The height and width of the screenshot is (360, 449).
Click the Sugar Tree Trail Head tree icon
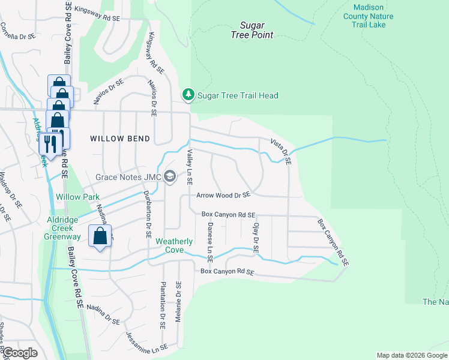tap(188, 95)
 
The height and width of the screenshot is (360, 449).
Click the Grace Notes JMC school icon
tap(170, 176)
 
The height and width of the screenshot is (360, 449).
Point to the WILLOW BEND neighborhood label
tap(120, 139)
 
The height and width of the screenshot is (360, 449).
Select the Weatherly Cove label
tap(174, 245)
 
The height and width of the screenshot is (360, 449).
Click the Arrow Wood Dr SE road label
tap(223, 195)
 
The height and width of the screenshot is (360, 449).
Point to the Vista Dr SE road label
tap(280, 152)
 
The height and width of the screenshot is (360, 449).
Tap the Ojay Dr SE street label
tap(256, 236)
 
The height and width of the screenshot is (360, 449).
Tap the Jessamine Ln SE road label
tap(146, 341)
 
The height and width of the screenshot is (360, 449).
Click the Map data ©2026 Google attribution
tap(411, 355)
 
